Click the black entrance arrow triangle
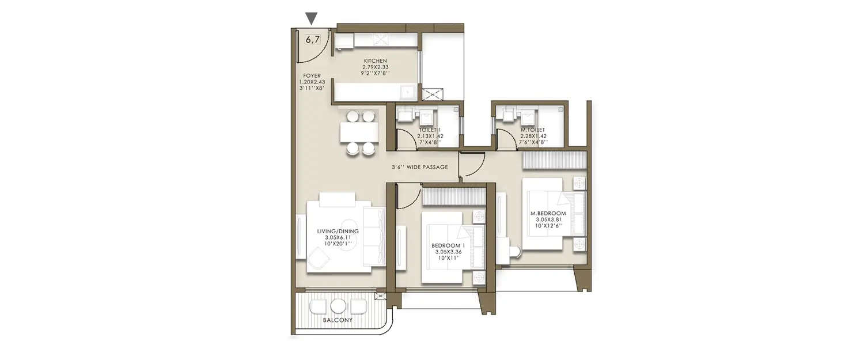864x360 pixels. click(x=311, y=19)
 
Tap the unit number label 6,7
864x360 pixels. click(x=312, y=40)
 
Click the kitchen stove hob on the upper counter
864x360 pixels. click(x=381, y=39)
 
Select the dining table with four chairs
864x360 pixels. click(x=360, y=132)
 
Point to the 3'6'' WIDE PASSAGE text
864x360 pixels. click(x=419, y=168)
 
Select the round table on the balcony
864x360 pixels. click(x=340, y=306)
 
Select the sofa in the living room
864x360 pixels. click(x=374, y=236)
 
